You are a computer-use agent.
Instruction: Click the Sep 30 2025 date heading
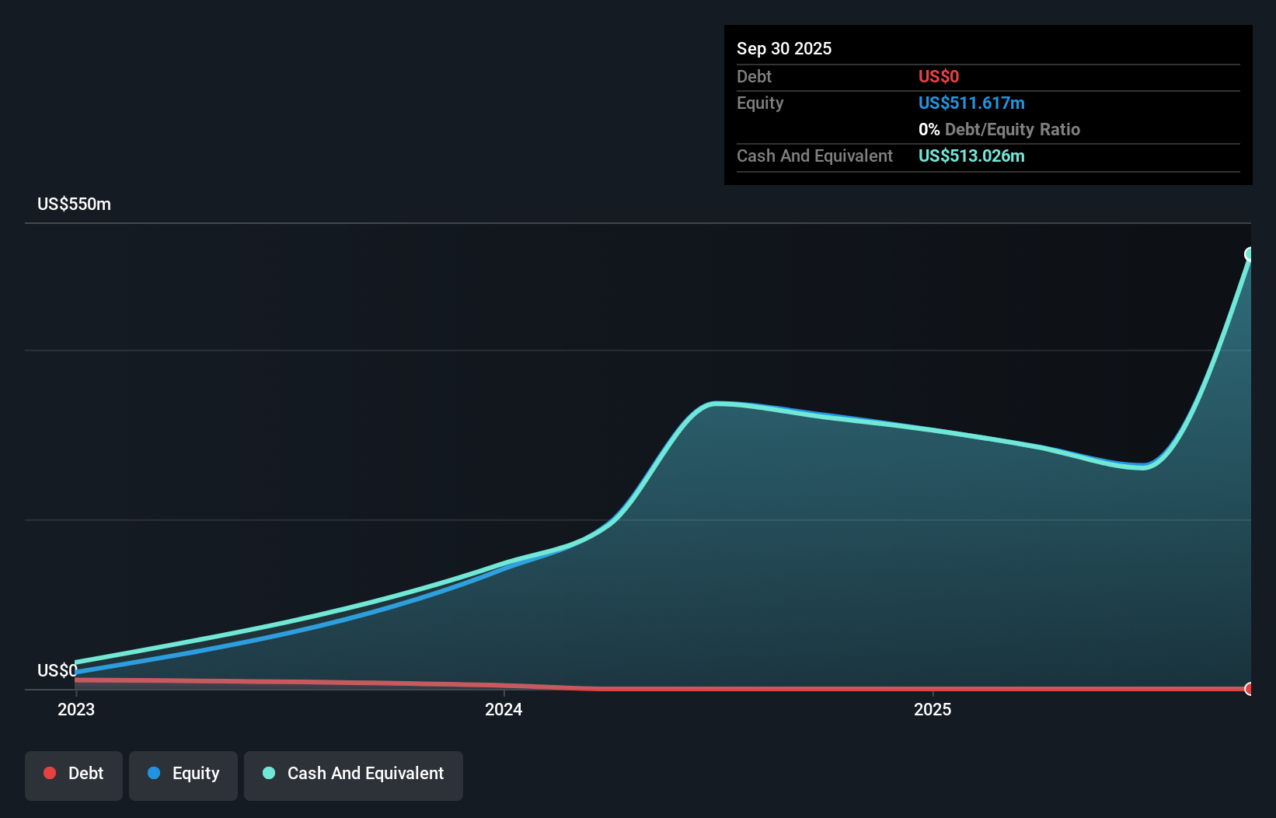tap(783, 48)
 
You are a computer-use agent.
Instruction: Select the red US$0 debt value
tap(938, 76)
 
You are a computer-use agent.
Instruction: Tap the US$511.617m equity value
tap(971, 103)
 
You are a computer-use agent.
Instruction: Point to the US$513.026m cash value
tap(971, 156)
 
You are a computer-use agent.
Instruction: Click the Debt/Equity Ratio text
tap(1012, 129)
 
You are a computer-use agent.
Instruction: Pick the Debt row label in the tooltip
tap(754, 76)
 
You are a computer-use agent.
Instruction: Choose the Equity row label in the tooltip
tap(759, 103)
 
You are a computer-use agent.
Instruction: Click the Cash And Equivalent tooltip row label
tap(814, 156)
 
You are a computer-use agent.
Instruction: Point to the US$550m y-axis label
tap(74, 204)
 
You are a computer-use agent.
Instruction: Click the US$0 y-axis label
tap(57, 670)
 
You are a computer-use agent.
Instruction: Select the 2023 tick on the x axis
tap(76, 709)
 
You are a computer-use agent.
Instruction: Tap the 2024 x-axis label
tap(504, 709)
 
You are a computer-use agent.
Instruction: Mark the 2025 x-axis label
tap(932, 709)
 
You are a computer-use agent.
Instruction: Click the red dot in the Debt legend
tap(50, 773)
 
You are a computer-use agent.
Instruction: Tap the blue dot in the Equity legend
tap(154, 773)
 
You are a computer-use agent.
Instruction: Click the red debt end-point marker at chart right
tap(1250, 689)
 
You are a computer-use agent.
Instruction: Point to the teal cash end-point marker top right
tap(1250, 254)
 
